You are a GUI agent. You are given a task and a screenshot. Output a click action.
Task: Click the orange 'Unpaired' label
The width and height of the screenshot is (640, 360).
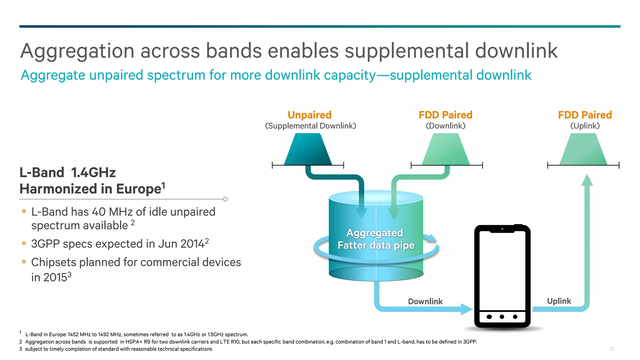pos(309,115)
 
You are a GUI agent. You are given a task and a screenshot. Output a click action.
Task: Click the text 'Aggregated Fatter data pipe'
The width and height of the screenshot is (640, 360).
pos(376,239)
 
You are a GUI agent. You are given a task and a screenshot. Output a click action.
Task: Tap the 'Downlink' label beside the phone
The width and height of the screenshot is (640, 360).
pos(425,301)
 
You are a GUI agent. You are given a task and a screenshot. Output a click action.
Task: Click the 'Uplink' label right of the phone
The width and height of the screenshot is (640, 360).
pos(559,301)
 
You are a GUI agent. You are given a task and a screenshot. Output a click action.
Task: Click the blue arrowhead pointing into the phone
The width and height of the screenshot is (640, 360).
pos(467,309)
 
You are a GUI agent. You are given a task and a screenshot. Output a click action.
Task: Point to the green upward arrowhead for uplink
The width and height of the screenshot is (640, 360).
pos(587,180)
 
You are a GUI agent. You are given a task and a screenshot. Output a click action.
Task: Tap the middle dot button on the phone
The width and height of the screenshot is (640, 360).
pos(502,317)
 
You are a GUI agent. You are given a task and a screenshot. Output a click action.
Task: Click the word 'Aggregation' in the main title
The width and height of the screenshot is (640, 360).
pos(77,51)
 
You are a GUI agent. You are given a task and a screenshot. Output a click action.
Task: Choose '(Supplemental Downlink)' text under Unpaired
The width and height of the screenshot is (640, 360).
pos(310,126)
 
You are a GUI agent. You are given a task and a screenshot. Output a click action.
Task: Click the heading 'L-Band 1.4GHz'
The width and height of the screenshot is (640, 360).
pos(67,172)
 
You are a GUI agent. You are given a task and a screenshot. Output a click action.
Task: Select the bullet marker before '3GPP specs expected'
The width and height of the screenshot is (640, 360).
pos(24,243)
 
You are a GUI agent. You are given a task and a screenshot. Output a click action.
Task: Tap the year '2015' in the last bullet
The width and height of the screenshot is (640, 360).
pos(55,277)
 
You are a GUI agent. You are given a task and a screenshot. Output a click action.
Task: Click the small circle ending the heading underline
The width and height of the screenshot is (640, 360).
pos(225,199)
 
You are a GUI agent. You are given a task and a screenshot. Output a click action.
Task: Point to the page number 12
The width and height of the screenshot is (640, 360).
pos(612,349)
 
